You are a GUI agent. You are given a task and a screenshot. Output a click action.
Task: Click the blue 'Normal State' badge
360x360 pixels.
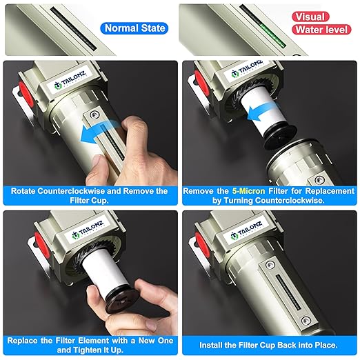[x=134, y=28]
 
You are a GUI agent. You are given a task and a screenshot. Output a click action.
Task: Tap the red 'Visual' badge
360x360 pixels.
[x=310, y=17]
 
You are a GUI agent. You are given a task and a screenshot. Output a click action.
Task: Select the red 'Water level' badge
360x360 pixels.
[x=321, y=30]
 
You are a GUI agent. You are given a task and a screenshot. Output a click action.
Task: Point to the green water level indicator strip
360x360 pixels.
[x=273, y=35]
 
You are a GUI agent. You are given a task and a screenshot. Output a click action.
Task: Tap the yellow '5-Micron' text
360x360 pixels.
[x=248, y=191]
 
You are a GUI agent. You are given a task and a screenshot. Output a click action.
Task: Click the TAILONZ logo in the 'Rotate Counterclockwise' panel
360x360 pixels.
[x=70, y=79]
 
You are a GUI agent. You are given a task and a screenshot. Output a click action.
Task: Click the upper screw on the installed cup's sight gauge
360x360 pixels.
[x=270, y=265]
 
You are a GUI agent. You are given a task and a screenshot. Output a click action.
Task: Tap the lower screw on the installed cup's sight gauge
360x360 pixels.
[x=306, y=320]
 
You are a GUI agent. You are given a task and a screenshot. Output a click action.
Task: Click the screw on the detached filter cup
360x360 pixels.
[x=319, y=180]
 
